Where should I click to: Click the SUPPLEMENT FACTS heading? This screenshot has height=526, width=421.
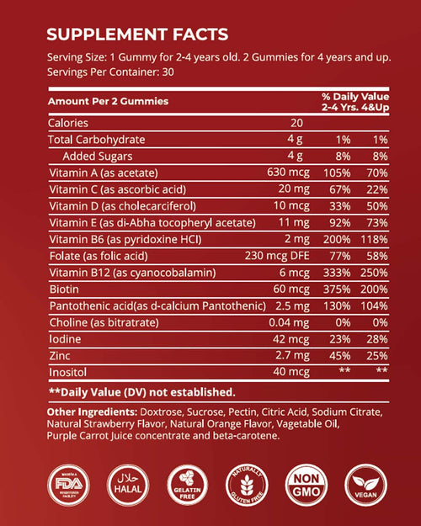coord(136,35)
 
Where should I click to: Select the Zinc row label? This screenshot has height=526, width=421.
coord(61,355)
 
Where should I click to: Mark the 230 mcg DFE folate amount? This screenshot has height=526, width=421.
coord(267,256)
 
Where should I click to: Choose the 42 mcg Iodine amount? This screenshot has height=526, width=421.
coord(280,338)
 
